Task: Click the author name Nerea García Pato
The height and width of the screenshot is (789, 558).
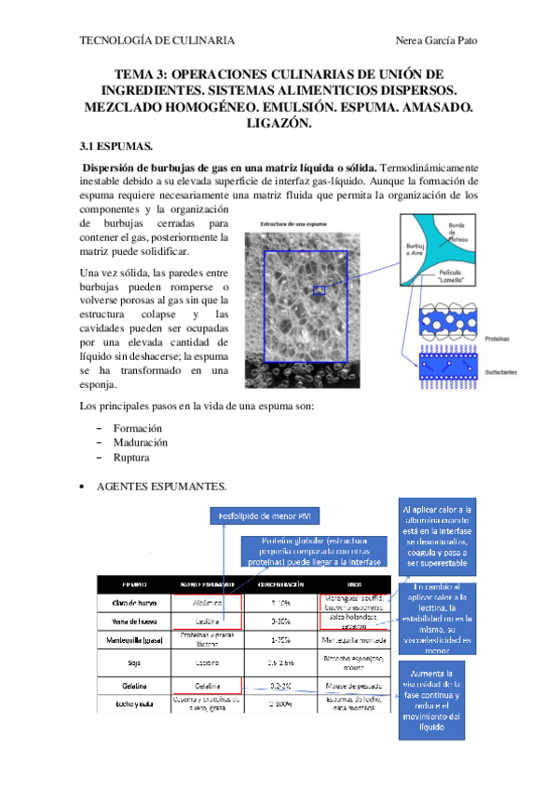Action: click(438, 41)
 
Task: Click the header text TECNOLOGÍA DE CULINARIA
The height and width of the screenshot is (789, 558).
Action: click(157, 41)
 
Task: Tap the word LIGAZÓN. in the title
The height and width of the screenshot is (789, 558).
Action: click(279, 123)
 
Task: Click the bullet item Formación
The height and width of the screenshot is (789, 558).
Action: click(138, 427)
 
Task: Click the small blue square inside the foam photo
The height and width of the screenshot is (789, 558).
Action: click(320, 290)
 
